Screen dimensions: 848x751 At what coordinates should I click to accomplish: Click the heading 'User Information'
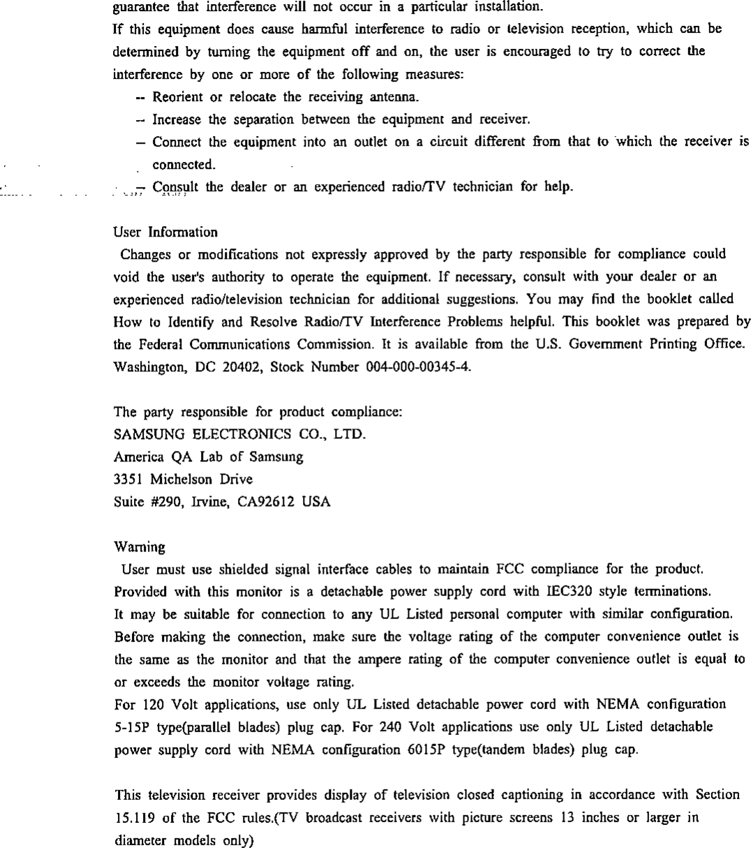click(x=165, y=232)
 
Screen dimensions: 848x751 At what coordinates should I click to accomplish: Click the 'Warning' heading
click(x=139, y=549)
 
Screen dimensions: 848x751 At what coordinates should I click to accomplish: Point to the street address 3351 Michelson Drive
click(x=183, y=479)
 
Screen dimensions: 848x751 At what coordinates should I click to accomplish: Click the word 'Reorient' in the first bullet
click(x=176, y=95)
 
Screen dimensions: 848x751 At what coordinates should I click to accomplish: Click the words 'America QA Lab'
click(x=161, y=457)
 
